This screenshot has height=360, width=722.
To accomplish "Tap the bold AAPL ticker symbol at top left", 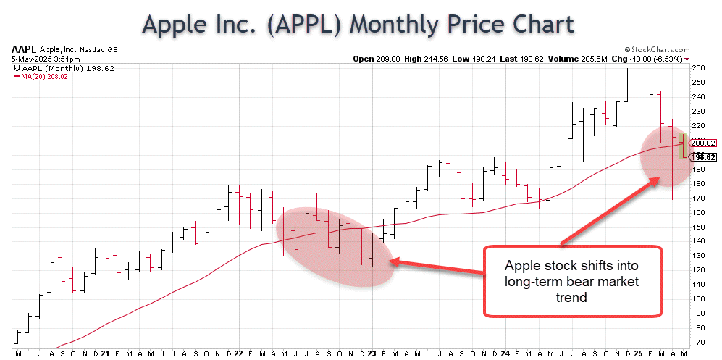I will click(x=23, y=50).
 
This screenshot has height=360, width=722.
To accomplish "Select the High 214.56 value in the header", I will click(x=434, y=59).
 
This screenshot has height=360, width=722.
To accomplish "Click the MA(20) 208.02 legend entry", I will click(x=38, y=75).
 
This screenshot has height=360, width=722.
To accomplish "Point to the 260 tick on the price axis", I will click(x=699, y=67).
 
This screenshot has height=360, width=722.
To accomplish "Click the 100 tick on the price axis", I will click(x=699, y=298).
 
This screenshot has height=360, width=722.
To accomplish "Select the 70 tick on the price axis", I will click(x=699, y=341).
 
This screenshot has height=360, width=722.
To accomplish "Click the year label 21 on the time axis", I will click(x=106, y=353).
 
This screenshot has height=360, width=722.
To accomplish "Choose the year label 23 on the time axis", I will click(x=372, y=353).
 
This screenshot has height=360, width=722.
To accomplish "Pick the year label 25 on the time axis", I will click(x=639, y=353).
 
